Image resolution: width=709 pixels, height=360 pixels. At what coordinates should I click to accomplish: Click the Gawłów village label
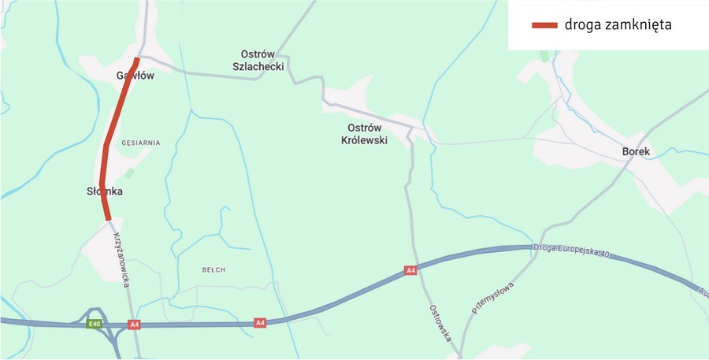click(x=135, y=76)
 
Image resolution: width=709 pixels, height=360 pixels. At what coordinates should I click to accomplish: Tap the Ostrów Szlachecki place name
click(x=258, y=60)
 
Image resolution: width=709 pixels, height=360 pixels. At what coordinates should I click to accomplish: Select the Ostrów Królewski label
click(x=364, y=134)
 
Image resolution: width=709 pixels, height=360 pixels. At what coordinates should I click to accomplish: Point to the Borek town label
click(x=635, y=151)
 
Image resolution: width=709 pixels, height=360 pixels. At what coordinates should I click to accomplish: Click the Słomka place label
click(x=105, y=191)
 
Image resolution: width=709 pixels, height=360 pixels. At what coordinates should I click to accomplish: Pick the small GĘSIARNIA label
click(x=141, y=143)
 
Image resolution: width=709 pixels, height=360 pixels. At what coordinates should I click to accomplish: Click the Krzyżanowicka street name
click(x=121, y=259)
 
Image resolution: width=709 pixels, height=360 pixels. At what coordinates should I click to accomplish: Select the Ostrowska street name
click(x=440, y=323)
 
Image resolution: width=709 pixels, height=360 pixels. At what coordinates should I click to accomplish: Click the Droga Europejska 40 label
click(x=572, y=250)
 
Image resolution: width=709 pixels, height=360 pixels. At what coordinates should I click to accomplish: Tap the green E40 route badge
click(x=95, y=324)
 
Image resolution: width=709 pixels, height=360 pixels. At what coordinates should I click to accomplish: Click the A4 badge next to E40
click(x=135, y=324)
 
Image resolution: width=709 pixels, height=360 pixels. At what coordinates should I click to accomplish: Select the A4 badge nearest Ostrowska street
click(x=410, y=270)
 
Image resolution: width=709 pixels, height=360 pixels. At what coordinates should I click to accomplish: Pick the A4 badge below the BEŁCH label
click(x=260, y=322)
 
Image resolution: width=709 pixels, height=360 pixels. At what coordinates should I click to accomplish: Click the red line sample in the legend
click(x=544, y=24)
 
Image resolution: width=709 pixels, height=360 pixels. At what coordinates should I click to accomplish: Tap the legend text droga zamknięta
click(x=618, y=24)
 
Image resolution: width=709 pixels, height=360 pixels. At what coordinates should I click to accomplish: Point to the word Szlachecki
click(x=258, y=66)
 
